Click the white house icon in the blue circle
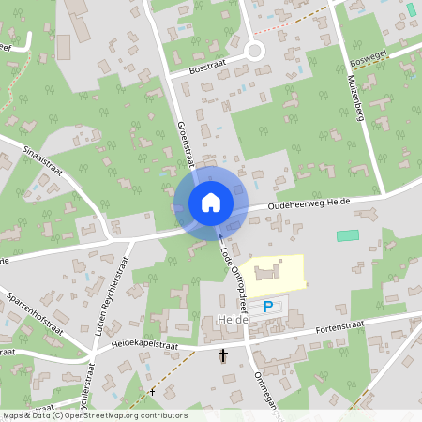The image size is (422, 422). (211, 202)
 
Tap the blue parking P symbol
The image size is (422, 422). (268, 306)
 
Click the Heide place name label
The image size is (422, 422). (231, 321)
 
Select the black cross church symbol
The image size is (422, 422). (223, 355)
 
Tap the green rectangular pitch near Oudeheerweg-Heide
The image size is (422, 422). (348, 234)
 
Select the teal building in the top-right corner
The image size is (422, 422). (411, 10)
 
